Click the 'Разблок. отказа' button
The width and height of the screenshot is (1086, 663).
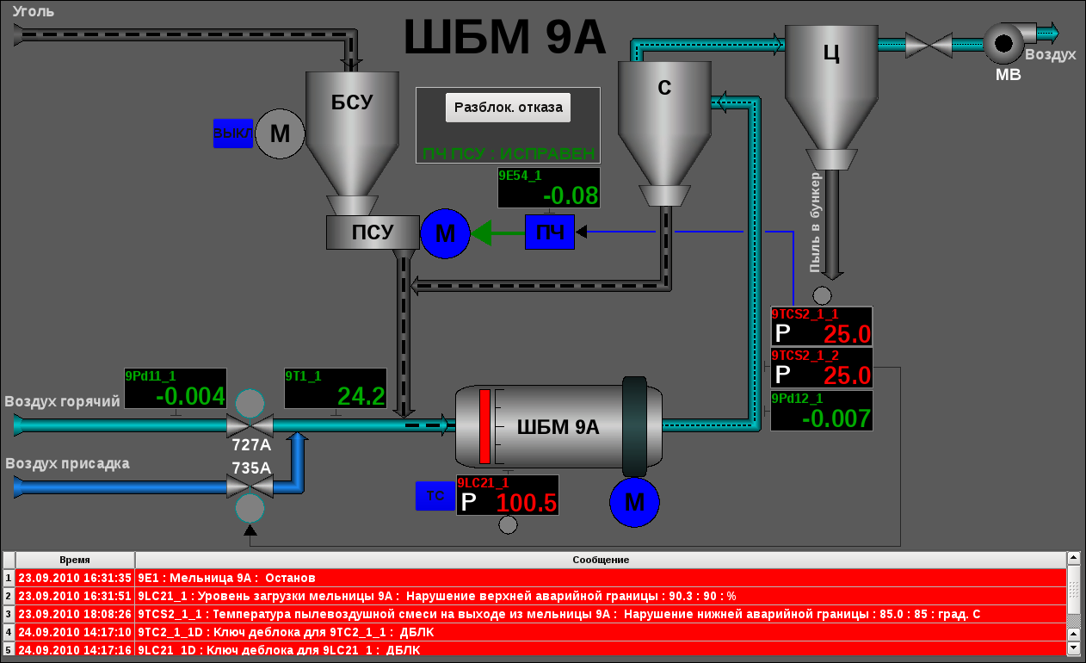(x=508, y=108)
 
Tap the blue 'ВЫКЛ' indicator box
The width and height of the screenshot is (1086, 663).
(x=233, y=133)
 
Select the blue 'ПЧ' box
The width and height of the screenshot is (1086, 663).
(x=549, y=232)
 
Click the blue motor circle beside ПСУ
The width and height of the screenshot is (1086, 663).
(x=445, y=232)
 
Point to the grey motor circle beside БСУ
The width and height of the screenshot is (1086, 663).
(x=281, y=133)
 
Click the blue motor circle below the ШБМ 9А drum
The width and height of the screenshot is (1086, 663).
(x=634, y=502)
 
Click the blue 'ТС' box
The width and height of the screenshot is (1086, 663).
(x=435, y=496)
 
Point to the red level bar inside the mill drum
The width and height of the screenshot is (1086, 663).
(x=484, y=427)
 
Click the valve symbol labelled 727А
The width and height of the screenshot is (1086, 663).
(x=250, y=425)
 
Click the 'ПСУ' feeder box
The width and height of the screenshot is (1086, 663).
(x=372, y=232)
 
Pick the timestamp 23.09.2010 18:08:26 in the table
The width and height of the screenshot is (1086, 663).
(x=75, y=614)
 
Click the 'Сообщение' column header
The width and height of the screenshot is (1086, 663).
(x=600, y=560)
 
